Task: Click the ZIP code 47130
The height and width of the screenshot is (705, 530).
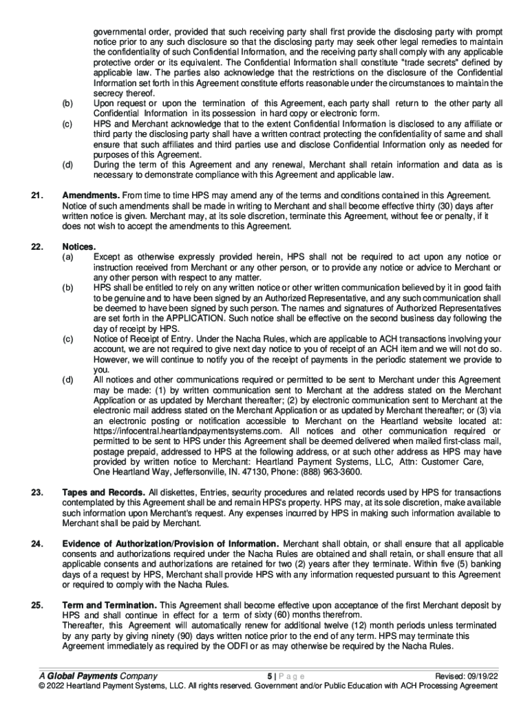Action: coord(248,472)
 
